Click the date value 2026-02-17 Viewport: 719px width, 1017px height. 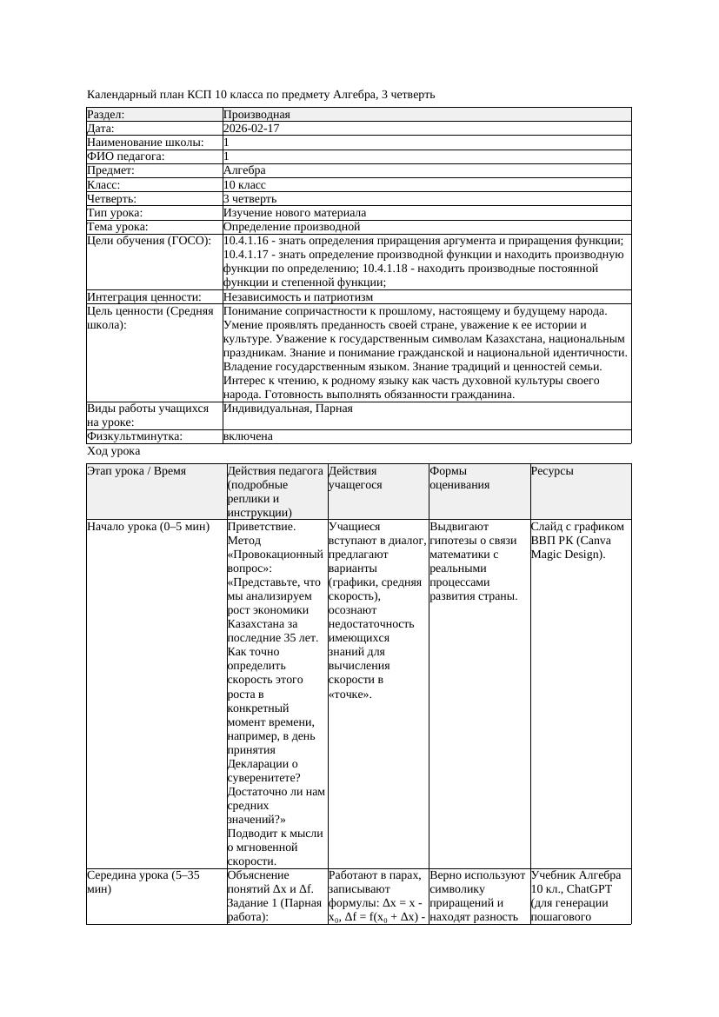[251, 129]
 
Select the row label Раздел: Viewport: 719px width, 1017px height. [106, 115]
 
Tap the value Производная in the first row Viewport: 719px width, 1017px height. [256, 115]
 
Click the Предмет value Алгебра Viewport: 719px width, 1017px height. [244, 171]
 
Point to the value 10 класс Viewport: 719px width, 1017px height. [244, 185]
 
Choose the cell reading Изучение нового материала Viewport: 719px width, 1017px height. [294, 213]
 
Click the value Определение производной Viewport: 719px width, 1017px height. [291, 227]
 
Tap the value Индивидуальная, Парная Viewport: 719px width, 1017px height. [288, 408]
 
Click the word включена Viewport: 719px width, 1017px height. [248, 436]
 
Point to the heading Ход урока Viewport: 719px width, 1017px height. [114, 451]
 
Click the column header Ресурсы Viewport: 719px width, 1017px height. [552, 471]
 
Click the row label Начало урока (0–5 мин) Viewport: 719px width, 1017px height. [149, 527]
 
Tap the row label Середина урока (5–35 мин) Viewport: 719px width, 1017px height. [143, 882]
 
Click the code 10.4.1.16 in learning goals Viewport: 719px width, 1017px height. [248, 241]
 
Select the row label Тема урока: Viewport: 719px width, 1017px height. [117, 227]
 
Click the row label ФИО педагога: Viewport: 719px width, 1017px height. [126, 156]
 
